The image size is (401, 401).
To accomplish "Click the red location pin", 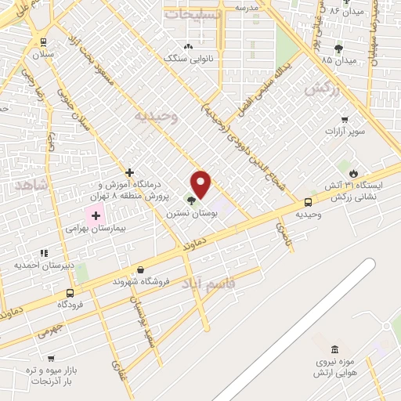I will [201, 184].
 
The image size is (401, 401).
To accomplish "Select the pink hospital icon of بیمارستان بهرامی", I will [96, 215].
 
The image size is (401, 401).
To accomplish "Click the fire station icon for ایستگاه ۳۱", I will [354, 173].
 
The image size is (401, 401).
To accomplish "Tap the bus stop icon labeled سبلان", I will [42, 43].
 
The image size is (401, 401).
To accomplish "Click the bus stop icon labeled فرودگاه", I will [70, 293].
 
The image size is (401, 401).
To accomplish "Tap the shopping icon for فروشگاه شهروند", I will [140, 269].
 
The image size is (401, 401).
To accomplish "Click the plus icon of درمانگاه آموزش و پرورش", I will [130, 172].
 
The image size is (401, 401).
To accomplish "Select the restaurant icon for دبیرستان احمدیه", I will [44, 252].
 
